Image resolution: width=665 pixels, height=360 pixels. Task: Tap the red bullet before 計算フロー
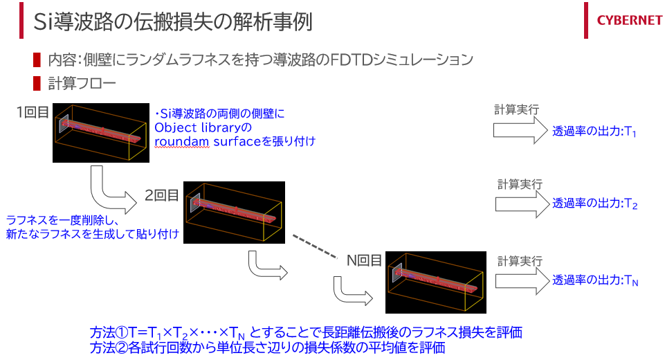[37, 84]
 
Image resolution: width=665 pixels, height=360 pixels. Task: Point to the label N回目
[364, 260]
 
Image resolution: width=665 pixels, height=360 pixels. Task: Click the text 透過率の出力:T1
[594, 132]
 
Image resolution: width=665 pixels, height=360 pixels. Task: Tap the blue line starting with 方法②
[267, 348]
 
